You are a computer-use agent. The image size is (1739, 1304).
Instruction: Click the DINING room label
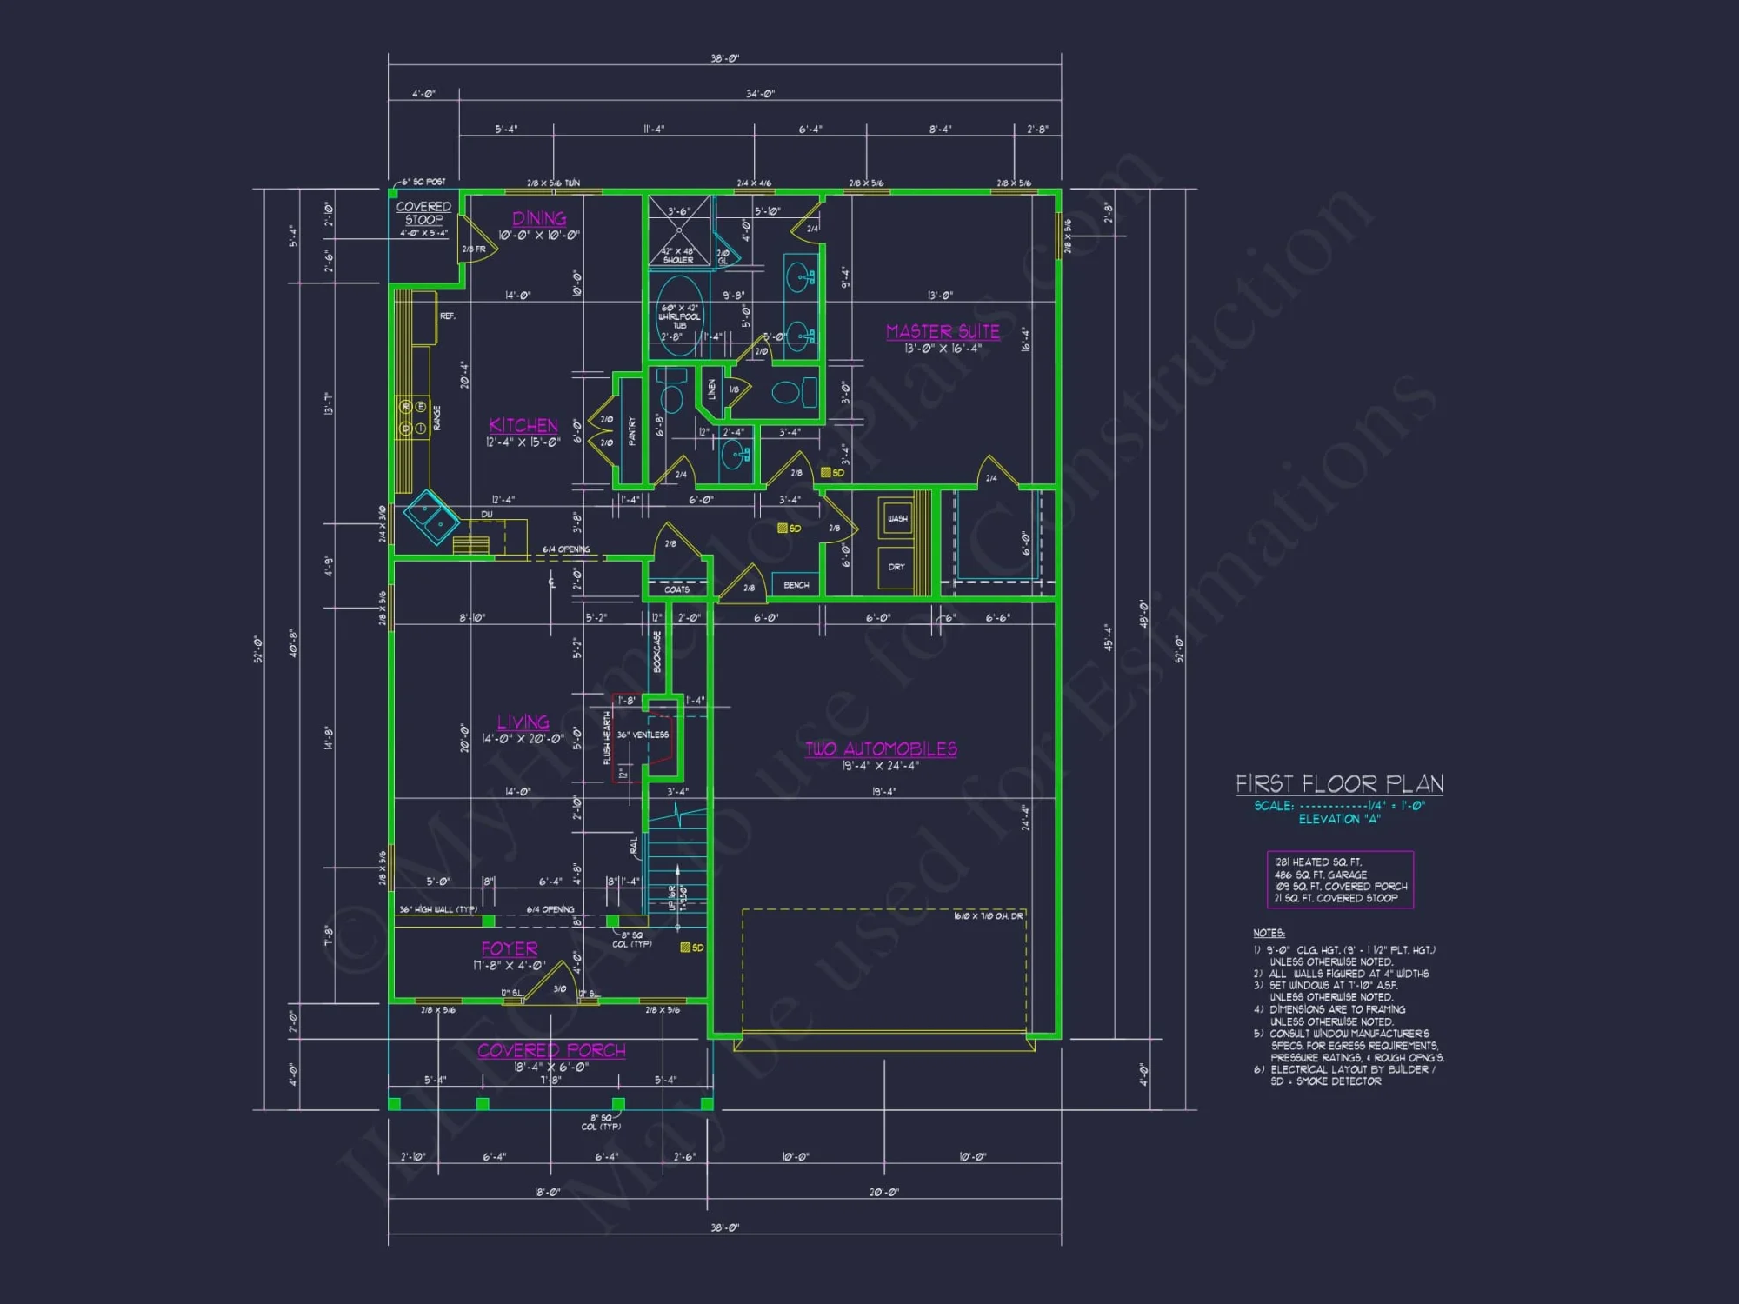coord(539,218)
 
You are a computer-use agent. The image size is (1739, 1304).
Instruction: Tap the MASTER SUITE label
coord(943,331)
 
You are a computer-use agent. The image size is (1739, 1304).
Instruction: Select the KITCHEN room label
coord(523,425)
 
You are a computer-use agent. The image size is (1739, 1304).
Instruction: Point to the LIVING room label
coord(523,722)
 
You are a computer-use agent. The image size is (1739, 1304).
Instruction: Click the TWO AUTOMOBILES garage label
coord(881,748)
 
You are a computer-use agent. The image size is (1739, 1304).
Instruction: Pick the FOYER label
coord(510,948)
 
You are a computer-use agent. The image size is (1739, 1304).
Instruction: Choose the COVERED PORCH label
coord(551,1050)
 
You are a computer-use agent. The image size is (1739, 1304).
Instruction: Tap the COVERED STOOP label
coord(423,213)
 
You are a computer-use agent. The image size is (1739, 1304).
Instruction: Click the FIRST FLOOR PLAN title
coord(1339,784)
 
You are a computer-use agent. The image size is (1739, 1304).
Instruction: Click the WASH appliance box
coord(896,519)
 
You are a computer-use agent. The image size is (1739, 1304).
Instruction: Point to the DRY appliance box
coord(896,567)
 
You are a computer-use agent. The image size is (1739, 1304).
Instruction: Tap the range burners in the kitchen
coord(413,417)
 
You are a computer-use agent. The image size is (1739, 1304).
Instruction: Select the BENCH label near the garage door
coord(796,585)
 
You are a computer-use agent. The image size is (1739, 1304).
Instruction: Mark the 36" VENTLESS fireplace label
coord(643,735)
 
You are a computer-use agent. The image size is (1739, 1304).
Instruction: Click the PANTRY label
coord(632,430)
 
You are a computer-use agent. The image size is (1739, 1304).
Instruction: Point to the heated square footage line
coord(1318,862)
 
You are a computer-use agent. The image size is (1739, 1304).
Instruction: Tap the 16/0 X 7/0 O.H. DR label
coord(988,916)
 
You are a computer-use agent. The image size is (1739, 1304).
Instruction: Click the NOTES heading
coord(1269,933)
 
